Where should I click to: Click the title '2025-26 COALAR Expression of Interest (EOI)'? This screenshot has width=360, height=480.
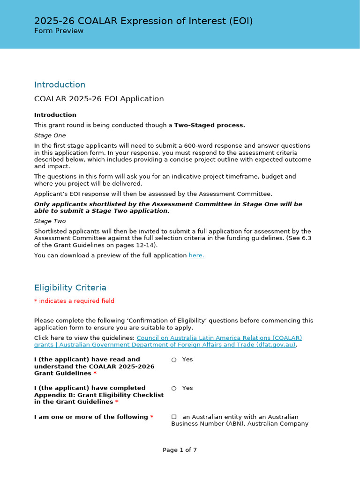coord(143,21)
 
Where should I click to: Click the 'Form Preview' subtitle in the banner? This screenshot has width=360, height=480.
coord(59,31)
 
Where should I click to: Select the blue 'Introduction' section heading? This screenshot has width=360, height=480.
coord(60,85)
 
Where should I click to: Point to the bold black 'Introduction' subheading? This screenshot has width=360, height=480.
coord(55,115)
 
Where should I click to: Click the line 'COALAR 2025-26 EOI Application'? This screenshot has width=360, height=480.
coord(99,99)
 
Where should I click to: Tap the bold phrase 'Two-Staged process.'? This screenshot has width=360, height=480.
coord(210,125)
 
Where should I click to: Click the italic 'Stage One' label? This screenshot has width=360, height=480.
coord(50,135)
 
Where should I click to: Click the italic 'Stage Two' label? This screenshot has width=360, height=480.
coord(50,221)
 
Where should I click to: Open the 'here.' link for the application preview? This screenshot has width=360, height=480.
coord(196,255)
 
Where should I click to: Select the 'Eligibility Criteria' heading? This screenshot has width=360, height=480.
coord(70,288)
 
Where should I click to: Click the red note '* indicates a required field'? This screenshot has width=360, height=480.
coord(74,301)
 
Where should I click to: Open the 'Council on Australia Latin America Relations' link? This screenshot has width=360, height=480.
coord(219,338)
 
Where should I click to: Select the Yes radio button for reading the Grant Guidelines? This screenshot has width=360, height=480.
coord(174,360)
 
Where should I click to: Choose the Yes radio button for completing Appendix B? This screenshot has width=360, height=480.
coord(174,388)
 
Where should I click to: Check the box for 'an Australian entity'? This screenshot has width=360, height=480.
coord(174,417)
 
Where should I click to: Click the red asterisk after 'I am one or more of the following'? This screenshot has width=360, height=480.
coord(152,417)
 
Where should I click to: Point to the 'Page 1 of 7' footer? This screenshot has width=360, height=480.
coord(180,450)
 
